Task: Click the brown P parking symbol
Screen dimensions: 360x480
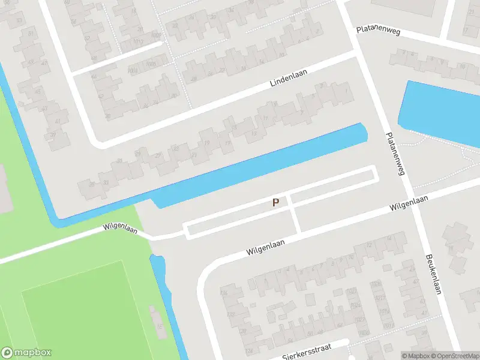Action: pos(275,203)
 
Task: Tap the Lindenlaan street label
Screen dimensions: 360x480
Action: pos(289,81)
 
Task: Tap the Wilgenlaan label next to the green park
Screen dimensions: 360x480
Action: pos(121,228)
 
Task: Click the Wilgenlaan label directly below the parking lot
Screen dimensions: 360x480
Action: pos(264,247)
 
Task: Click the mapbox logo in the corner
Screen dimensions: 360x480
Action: pos(27,353)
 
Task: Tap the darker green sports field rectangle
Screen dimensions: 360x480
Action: pos(84,312)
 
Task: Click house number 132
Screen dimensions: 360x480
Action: pos(231,315)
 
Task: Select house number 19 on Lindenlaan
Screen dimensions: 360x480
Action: pos(207,143)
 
